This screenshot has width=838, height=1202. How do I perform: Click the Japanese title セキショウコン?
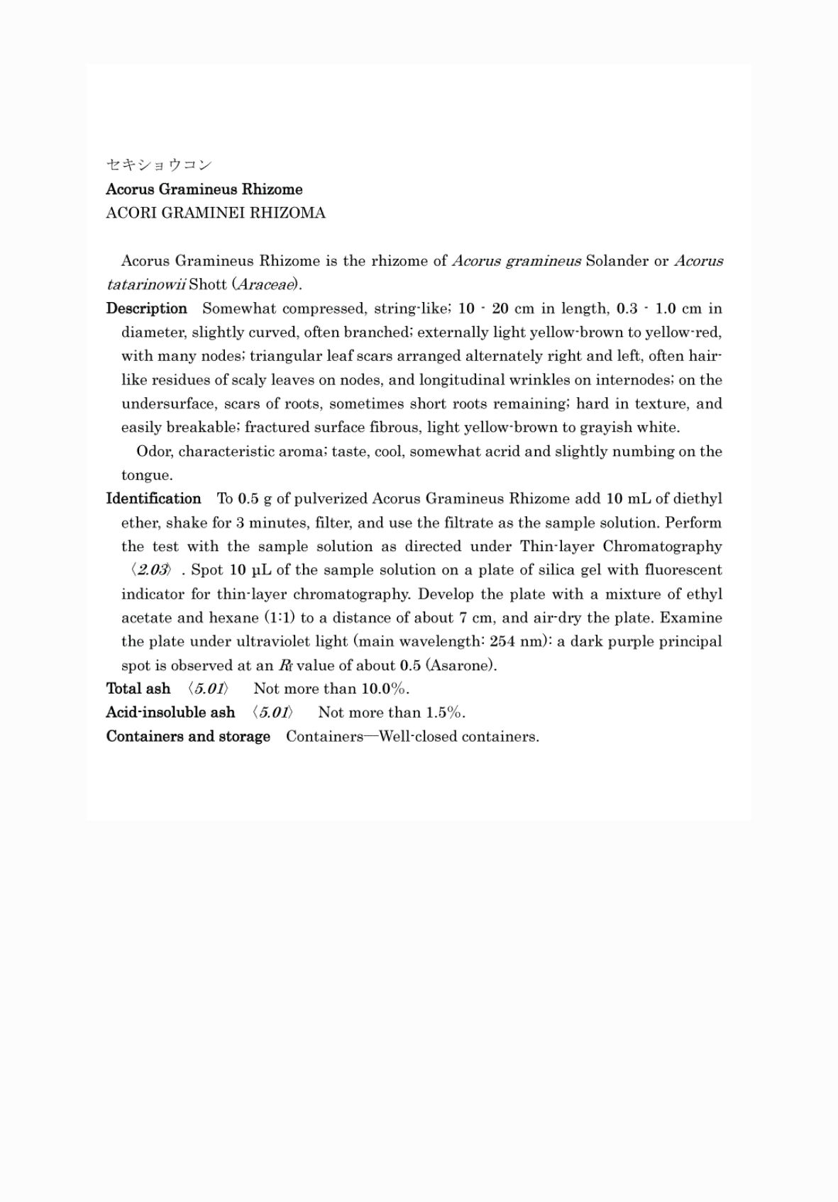pyautogui.click(x=159, y=165)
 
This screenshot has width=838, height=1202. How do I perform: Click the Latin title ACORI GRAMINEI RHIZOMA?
pyautogui.click(x=216, y=213)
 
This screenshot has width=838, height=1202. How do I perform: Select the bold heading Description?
pyautogui.click(x=146, y=308)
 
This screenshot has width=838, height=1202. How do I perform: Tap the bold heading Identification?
pyautogui.click(x=153, y=499)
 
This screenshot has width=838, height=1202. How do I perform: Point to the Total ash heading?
pyautogui.click(x=138, y=689)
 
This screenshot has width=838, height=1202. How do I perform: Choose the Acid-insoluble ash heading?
pyautogui.click(x=170, y=713)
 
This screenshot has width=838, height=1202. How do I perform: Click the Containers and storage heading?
pyautogui.click(x=188, y=737)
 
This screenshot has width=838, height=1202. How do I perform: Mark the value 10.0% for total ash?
pyautogui.click(x=385, y=689)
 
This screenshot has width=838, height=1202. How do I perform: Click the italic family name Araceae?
pyautogui.click(x=267, y=285)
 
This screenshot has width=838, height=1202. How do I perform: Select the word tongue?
pyautogui.click(x=146, y=476)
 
